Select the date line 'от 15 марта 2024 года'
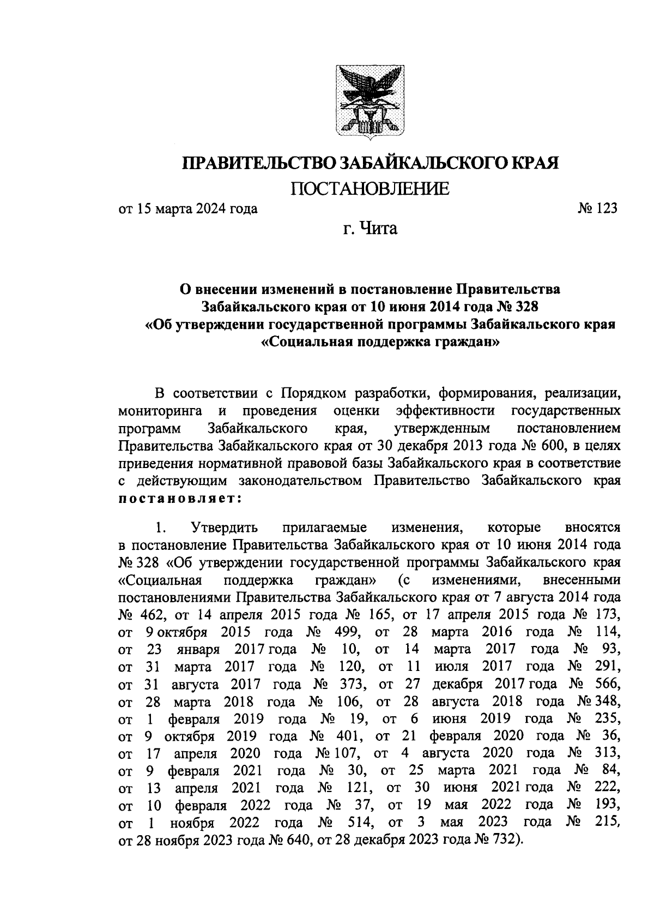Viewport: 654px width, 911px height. pyautogui.click(x=188, y=208)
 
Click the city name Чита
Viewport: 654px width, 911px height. pyautogui.click(x=377, y=229)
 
